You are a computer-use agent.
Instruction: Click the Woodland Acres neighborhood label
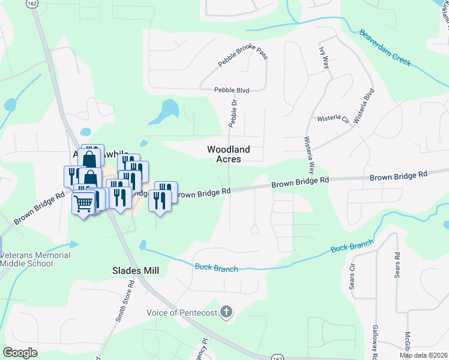coord(228,154)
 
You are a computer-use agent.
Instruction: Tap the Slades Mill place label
coord(136,271)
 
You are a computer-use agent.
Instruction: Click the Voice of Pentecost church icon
coord(226,311)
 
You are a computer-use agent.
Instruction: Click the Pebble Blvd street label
coord(232,90)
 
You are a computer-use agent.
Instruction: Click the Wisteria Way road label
coord(310,154)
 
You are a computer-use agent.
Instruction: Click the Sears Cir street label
coord(352,275)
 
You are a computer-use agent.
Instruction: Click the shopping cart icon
coord(83,203)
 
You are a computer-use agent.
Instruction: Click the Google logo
coord(20,353)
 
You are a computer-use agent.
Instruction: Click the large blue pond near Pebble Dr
coord(166,110)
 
